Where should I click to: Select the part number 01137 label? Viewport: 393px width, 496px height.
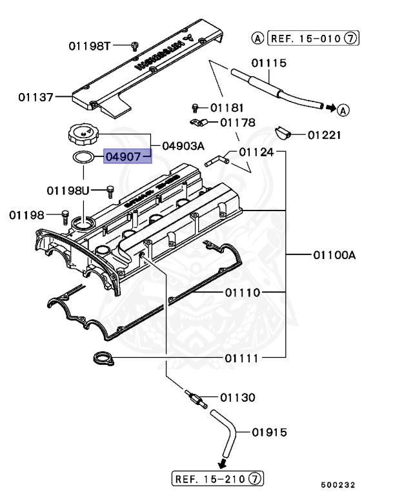pos(35,98)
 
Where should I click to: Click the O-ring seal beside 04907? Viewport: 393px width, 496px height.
pos(82,156)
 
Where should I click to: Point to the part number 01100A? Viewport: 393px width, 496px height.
pos(334,254)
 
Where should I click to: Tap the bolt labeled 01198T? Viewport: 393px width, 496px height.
pos(135,45)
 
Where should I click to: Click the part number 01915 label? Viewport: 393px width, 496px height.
pos(269,432)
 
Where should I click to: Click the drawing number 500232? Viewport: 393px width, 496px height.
pos(339,485)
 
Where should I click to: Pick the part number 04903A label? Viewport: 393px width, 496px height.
pos(184,145)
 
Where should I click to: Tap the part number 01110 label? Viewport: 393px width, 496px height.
pos(242,293)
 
